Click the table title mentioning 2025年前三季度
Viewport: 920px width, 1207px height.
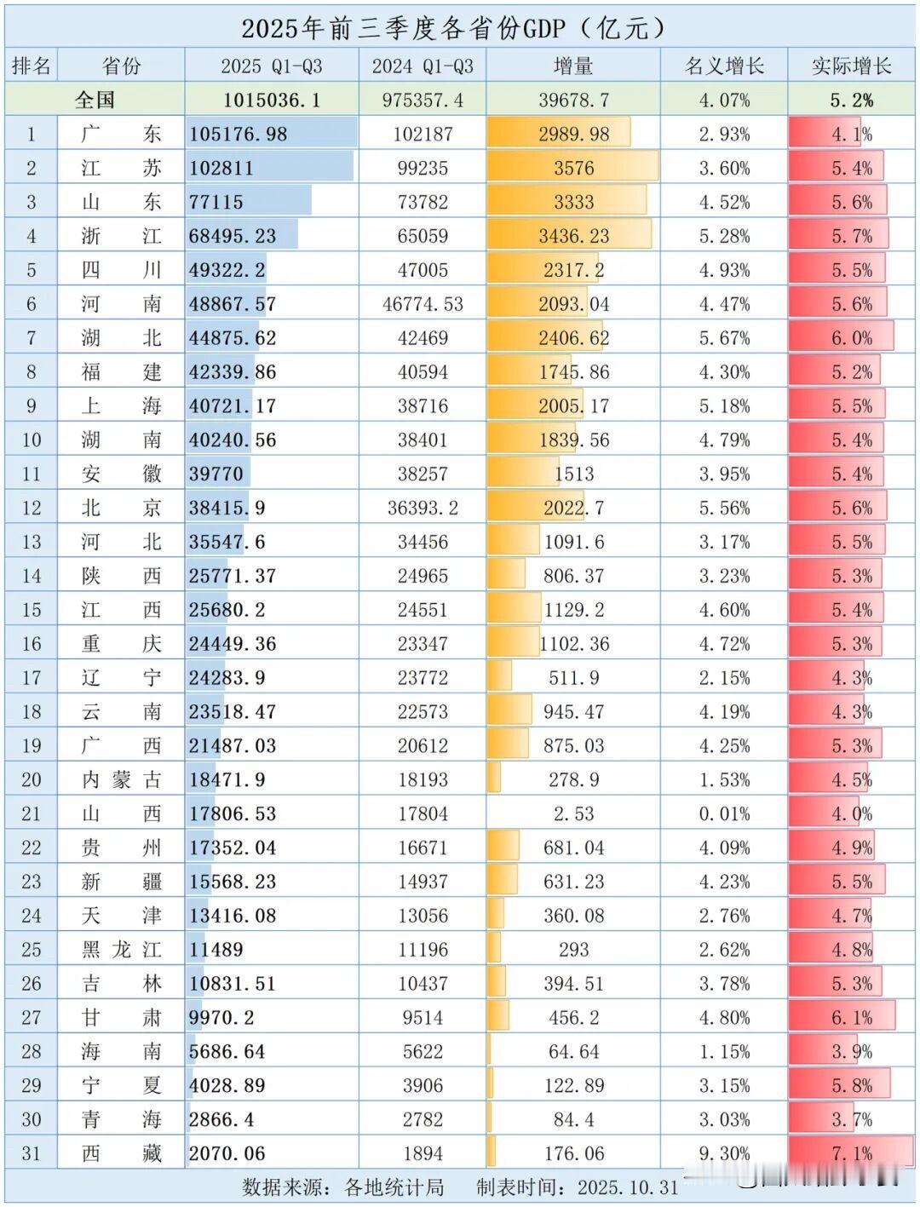tap(452, 28)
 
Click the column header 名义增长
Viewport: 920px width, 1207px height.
tap(724, 66)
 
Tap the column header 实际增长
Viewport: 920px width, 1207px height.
tap(851, 66)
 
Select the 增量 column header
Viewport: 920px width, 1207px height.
tap(573, 66)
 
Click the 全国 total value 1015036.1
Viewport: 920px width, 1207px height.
tap(272, 100)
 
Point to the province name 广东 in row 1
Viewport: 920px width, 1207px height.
tap(121, 134)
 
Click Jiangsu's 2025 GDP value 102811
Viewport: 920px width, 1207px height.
tap(221, 168)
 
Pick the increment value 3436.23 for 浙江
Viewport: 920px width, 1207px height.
tap(573, 236)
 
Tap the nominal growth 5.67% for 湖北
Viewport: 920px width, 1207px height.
tap(724, 338)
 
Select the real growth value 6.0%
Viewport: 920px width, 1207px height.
tap(851, 338)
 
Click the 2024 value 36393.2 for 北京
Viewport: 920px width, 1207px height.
tap(423, 508)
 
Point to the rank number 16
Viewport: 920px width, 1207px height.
tap(32, 644)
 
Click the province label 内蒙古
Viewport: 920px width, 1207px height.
tap(121, 779)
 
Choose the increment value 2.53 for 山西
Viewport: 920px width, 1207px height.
tap(573, 813)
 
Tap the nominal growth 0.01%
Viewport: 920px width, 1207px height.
tap(724, 813)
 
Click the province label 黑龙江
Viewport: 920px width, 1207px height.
tap(121, 949)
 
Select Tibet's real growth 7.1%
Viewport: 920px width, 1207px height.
tap(851, 1153)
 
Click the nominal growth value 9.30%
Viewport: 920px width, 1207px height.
tap(724, 1153)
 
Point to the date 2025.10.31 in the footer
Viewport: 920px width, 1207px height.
tap(628, 1187)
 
